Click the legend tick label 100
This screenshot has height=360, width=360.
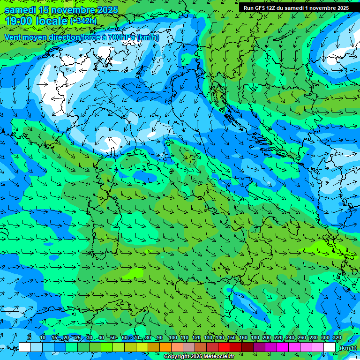172,337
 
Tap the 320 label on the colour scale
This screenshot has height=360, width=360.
337,337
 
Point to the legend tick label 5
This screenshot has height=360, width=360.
30,337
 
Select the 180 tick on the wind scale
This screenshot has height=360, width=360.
255,337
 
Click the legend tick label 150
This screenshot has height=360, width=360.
231,337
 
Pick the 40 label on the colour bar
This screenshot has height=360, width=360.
101,337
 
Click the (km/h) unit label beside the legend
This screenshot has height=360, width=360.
348,348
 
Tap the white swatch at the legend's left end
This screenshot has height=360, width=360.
25,347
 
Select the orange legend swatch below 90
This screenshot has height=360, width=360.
165,347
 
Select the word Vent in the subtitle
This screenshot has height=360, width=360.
13,37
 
